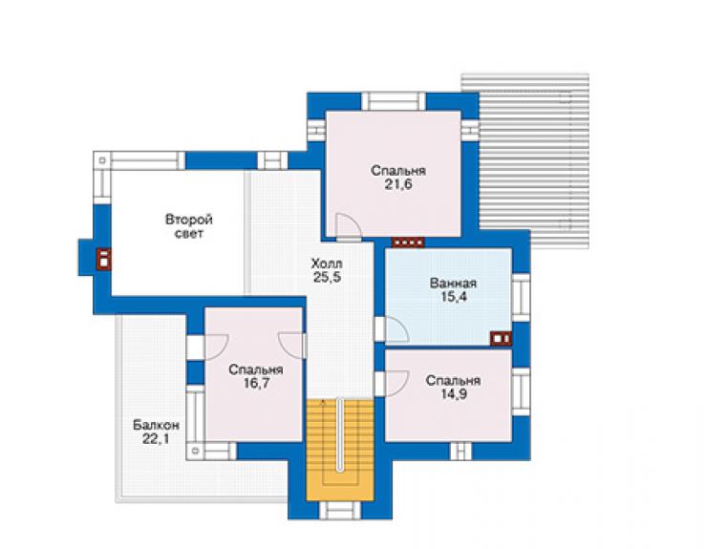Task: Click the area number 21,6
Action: (x=398, y=184)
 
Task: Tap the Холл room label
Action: (x=327, y=264)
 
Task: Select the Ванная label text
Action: (x=453, y=284)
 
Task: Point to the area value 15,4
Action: (x=454, y=297)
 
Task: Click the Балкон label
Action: (x=156, y=425)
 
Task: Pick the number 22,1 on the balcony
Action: (x=156, y=438)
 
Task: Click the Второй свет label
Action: (x=189, y=226)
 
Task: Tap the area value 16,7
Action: (x=256, y=384)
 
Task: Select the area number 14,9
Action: (x=453, y=394)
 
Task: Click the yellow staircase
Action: (x=340, y=450)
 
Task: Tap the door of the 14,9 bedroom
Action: (x=396, y=384)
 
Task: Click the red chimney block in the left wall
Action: (x=104, y=259)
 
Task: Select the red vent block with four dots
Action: (x=408, y=243)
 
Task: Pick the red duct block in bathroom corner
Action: (x=501, y=339)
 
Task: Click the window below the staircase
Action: (x=340, y=511)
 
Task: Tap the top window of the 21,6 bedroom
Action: (x=394, y=101)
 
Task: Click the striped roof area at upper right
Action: (x=533, y=160)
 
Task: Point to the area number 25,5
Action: (x=328, y=277)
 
